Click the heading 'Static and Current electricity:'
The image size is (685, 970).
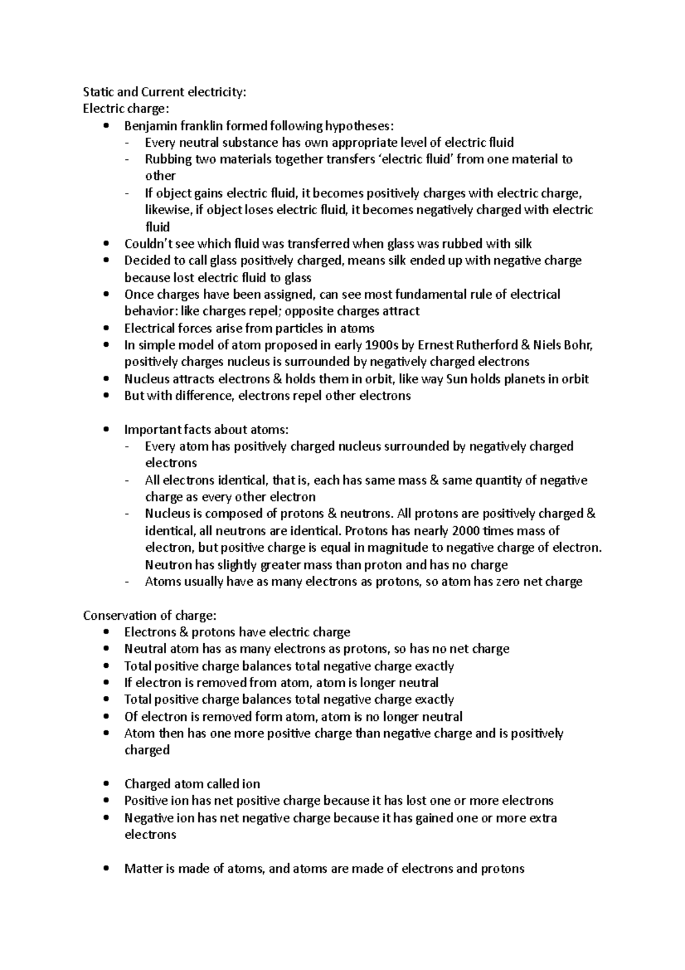pyautogui.click(x=165, y=92)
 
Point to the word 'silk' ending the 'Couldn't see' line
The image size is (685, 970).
pyautogui.click(x=522, y=244)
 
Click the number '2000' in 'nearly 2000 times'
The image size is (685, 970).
pyautogui.click(x=466, y=531)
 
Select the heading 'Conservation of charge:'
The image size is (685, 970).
pyautogui.click(x=150, y=615)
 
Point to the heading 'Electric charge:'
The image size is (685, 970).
pyautogui.click(x=126, y=109)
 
